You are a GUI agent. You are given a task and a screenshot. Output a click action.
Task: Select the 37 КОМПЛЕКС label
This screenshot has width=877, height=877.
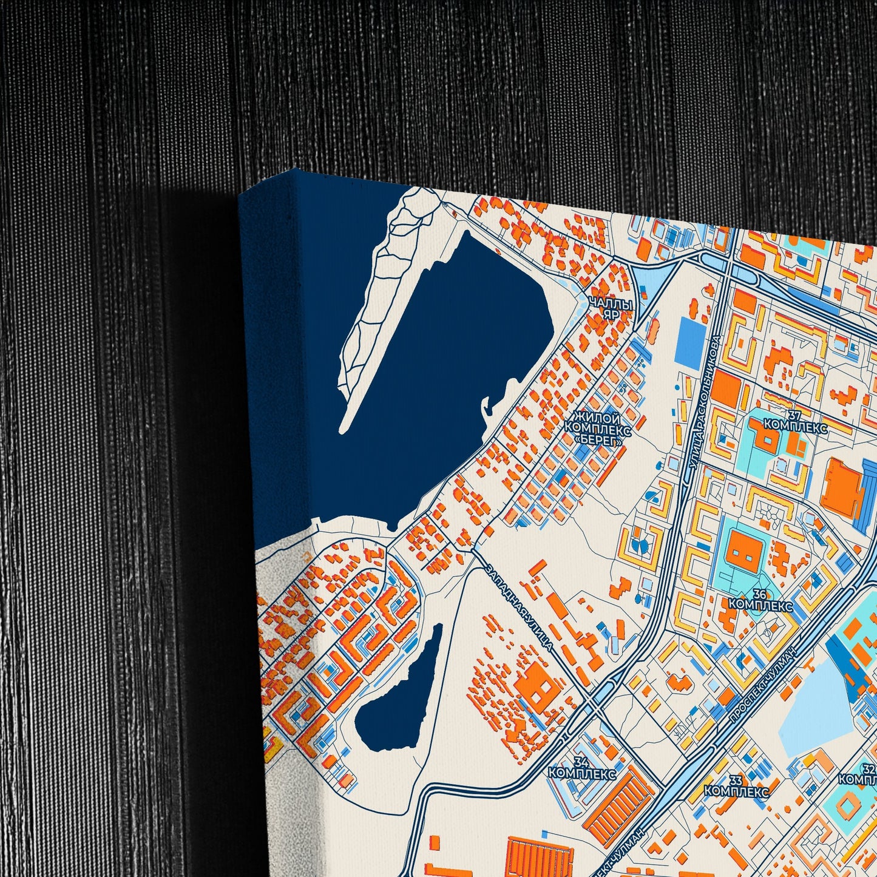[x=795, y=422]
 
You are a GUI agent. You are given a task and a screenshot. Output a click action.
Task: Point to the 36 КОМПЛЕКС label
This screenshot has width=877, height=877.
[x=760, y=600]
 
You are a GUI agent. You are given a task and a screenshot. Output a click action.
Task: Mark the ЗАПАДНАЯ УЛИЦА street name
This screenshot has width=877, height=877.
[x=520, y=607]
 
